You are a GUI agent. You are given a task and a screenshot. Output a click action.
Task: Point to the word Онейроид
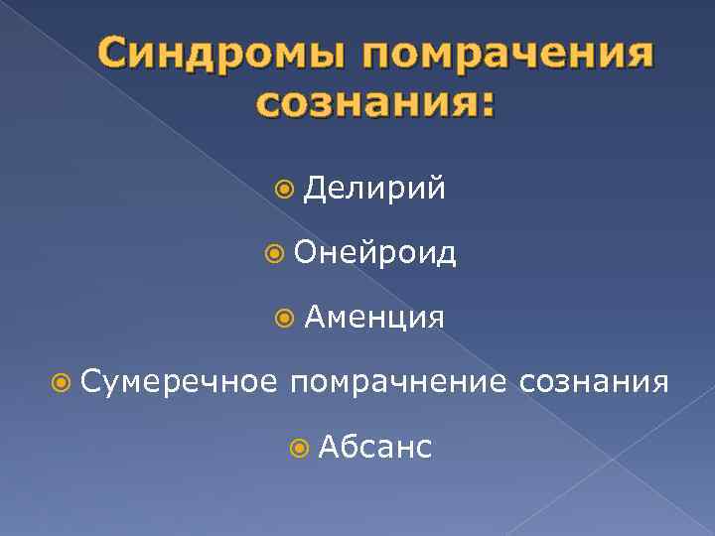tap(375, 253)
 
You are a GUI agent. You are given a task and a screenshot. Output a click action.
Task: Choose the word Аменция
tap(374, 318)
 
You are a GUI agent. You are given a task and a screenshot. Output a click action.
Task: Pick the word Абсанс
tap(375, 448)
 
